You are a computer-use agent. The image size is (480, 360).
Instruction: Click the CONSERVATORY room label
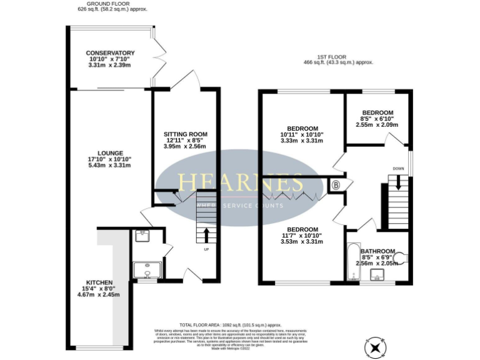[110, 52]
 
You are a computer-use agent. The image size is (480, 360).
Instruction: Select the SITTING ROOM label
[185, 134]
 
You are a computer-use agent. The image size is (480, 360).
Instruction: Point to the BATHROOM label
[377, 251]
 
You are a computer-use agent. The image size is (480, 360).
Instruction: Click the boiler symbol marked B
[336, 185]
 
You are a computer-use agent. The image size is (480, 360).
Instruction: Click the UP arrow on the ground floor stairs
[207, 236]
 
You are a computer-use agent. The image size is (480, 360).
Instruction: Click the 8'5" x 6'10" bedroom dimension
[377, 119]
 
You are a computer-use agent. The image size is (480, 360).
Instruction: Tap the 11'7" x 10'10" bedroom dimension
[303, 236]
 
